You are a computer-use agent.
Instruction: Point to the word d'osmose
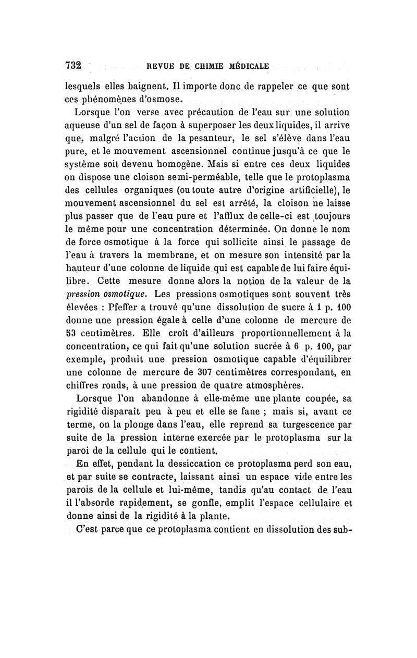134,99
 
